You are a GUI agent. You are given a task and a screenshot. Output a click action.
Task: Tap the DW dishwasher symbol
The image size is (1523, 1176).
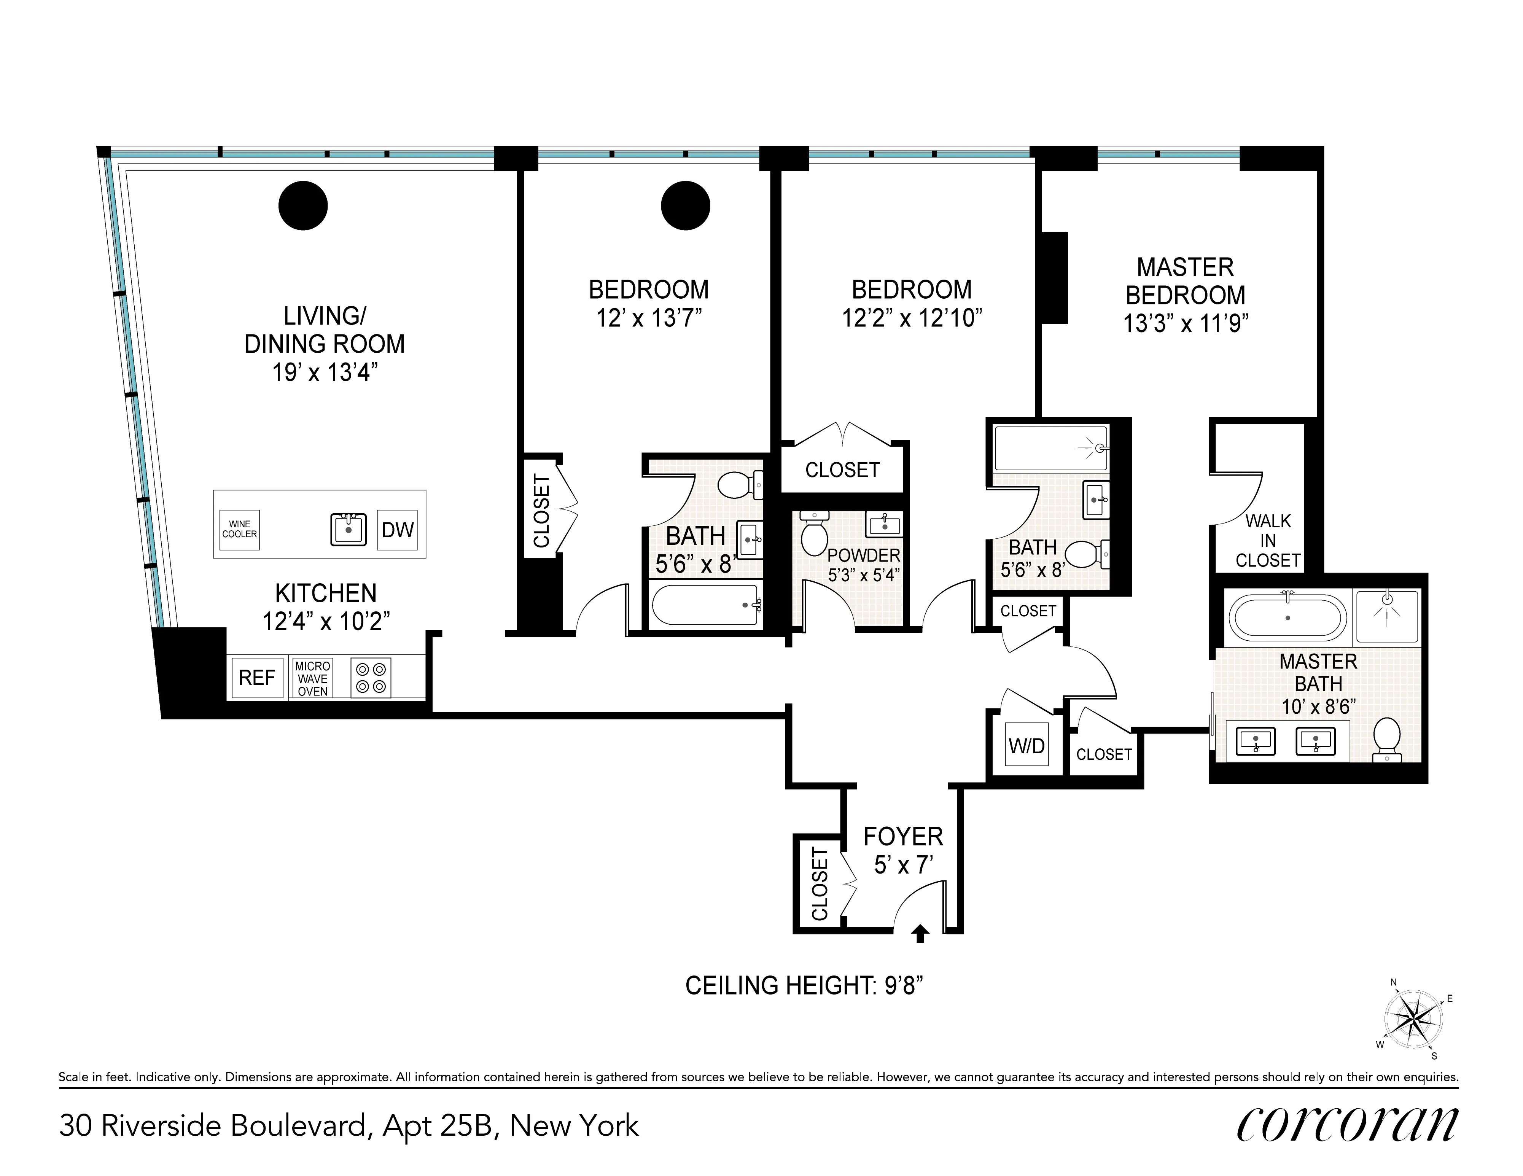pyautogui.click(x=398, y=530)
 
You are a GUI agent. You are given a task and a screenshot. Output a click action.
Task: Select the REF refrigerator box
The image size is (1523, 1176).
pyautogui.click(x=256, y=677)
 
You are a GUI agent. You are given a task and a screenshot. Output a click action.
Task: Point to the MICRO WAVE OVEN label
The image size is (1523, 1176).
pyautogui.click(x=312, y=679)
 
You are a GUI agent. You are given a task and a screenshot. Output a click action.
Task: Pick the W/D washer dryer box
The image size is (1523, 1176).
pyautogui.click(x=1026, y=746)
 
